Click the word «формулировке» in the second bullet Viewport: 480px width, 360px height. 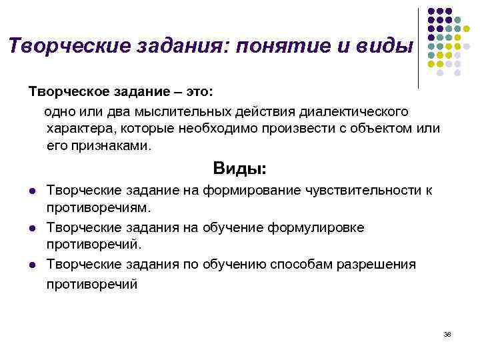coord(316,227)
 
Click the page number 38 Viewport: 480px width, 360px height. coord(447,333)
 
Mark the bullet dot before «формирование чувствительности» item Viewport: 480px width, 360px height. coord(32,191)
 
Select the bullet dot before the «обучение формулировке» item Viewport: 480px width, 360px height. coord(32,228)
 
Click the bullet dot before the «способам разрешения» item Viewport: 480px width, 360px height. coord(32,265)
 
